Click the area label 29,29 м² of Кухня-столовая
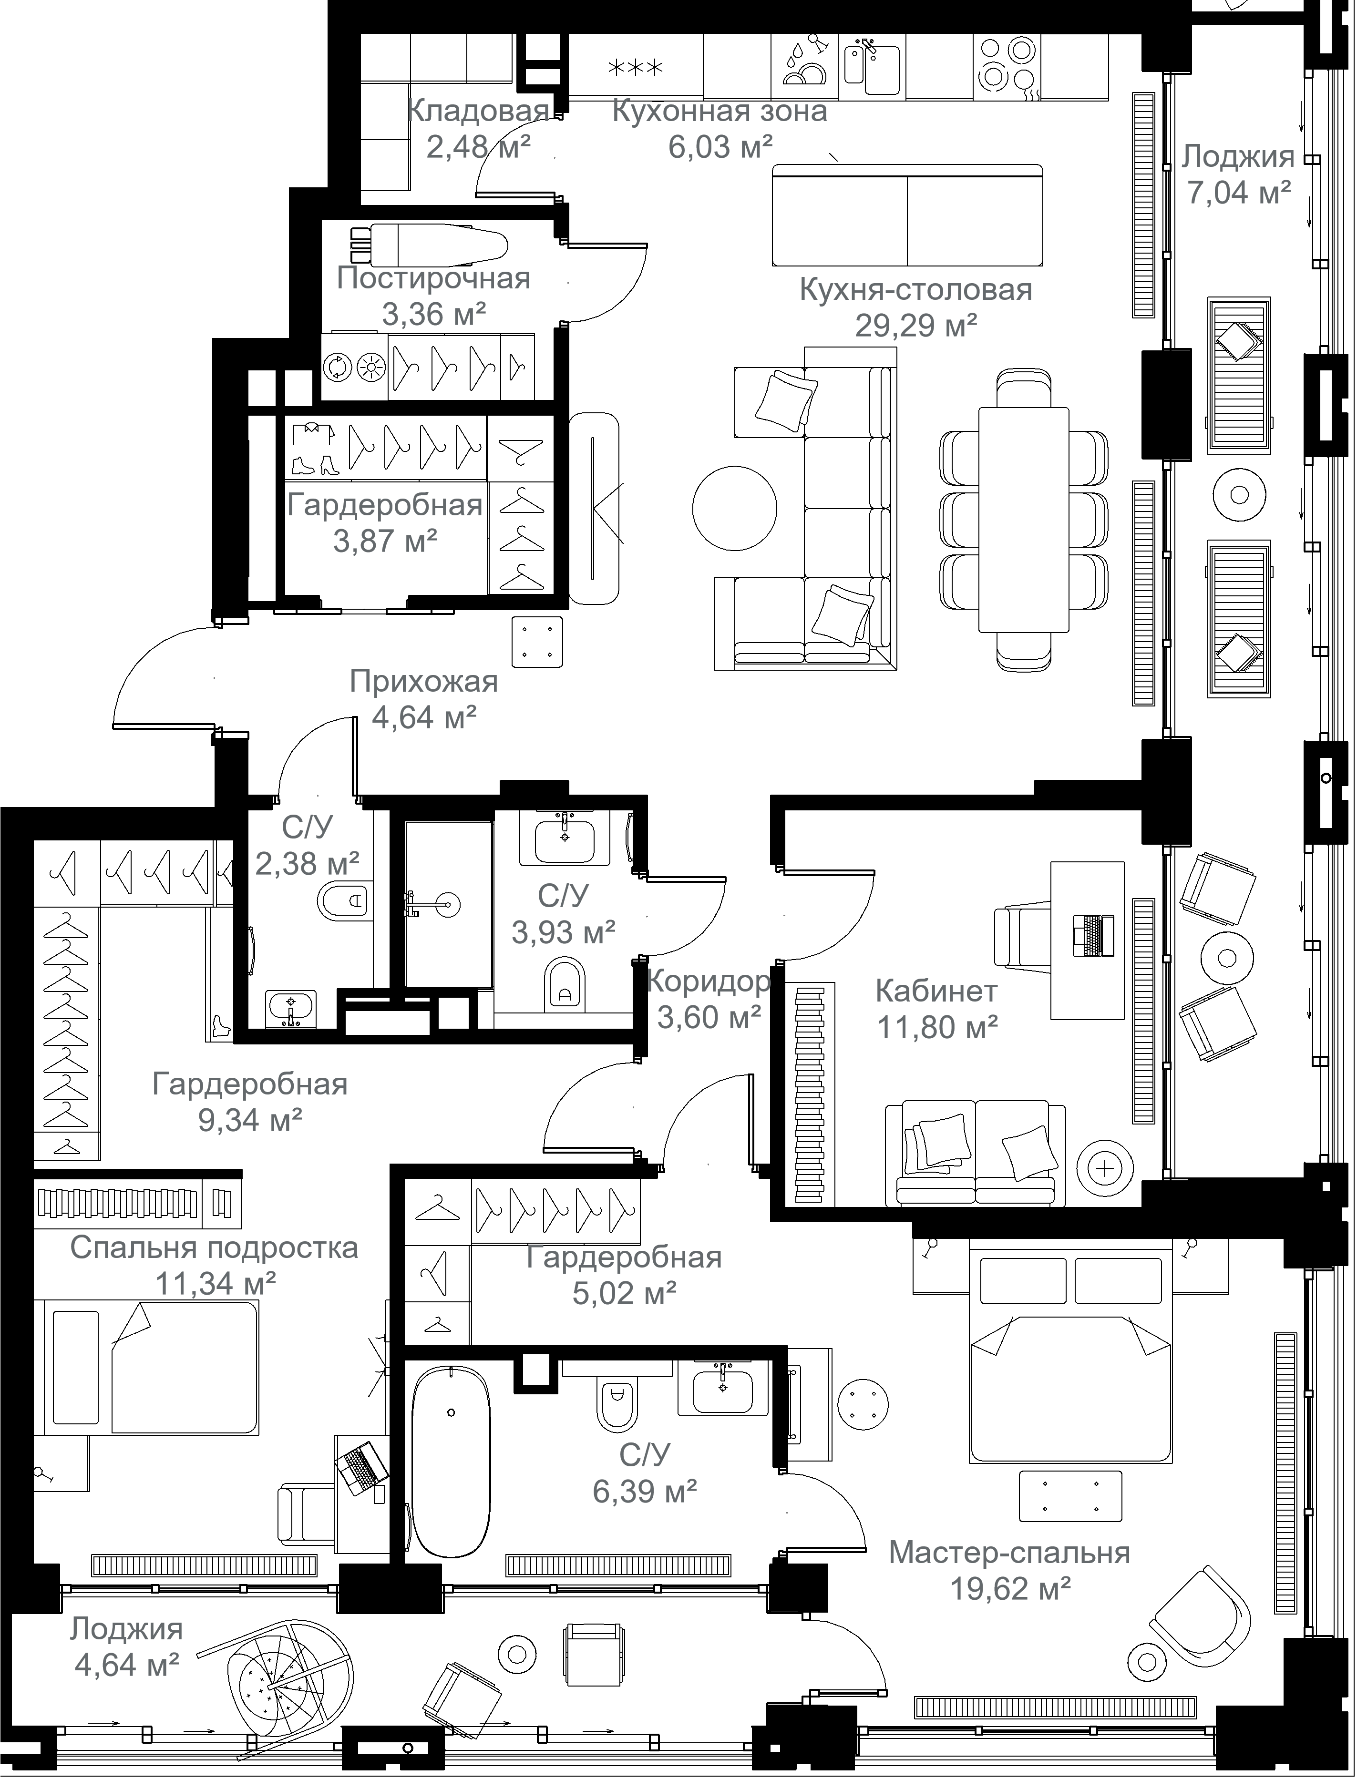point(916,326)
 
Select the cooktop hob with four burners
point(1007,65)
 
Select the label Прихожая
point(423,682)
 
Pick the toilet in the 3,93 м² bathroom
point(565,983)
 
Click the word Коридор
point(709,981)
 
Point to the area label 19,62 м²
point(1010,1589)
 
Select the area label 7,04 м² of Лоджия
point(1238,193)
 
